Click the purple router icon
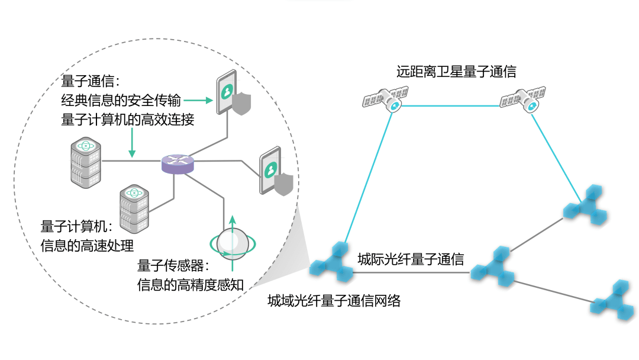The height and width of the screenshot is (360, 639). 177,163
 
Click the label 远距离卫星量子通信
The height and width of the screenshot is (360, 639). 456,72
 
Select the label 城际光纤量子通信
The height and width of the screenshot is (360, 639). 410,259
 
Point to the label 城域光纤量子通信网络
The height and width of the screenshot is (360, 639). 334,301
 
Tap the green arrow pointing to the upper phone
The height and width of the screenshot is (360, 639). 201,101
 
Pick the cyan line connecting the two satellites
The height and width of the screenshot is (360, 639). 456,106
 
